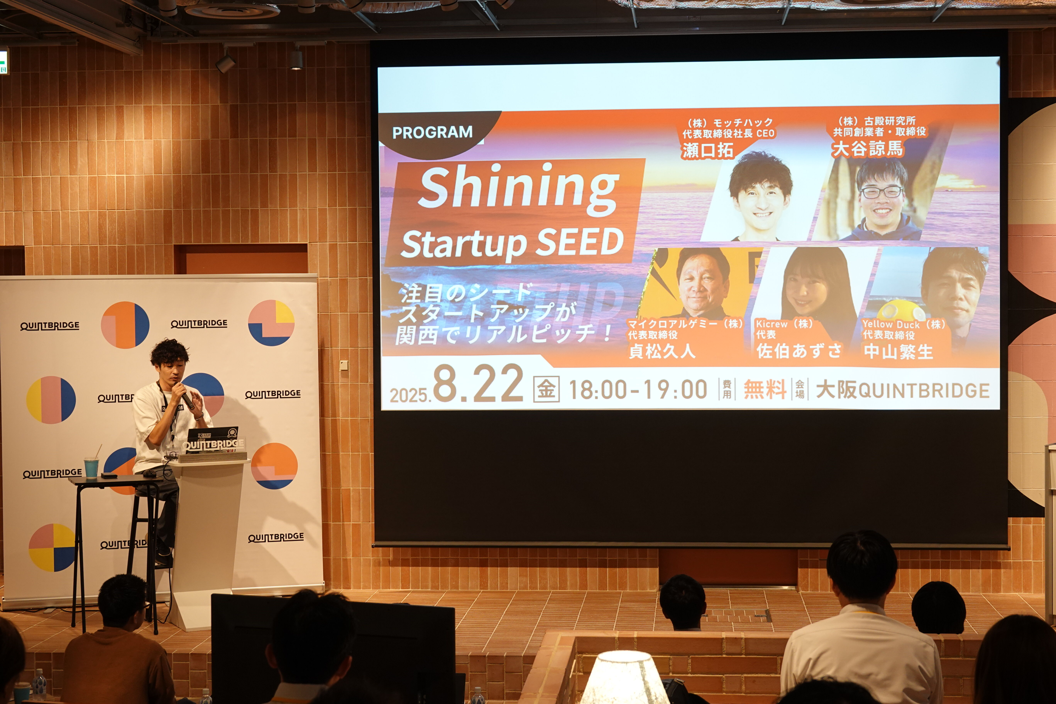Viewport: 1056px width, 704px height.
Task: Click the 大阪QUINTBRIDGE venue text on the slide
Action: click(902, 390)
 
